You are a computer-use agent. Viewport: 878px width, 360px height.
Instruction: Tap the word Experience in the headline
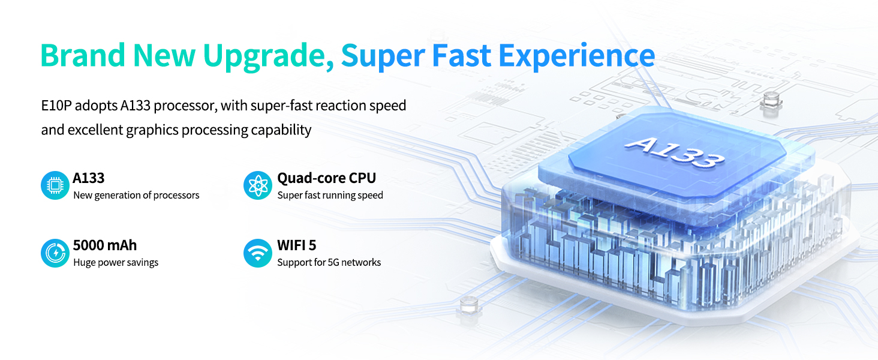click(x=576, y=56)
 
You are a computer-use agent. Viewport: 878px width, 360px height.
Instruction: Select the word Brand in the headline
click(x=83, y=55)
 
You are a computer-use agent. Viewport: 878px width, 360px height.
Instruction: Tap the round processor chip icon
click(x=55, y=185)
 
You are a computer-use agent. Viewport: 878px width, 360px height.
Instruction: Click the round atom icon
click(x=257, y=185)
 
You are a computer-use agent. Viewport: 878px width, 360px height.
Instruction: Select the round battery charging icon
click(x=55, y=253)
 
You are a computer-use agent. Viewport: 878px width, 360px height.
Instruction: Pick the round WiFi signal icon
click(x=257, y=253)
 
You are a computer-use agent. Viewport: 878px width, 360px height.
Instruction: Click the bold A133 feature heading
click(x=89, y=178)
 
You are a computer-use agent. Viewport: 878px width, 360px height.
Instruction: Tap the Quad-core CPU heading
click(x=326, y=178)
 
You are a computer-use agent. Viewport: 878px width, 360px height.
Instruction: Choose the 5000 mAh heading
click(x=105, y=245)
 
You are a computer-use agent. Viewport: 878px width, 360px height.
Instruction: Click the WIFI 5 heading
click(x=297, y=245)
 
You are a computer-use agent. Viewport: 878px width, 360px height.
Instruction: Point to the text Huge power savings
click(x=116, y=262)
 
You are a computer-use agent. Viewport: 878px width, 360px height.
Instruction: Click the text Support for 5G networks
click(x=329, y=262)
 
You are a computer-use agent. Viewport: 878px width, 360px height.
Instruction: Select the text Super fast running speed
click(x=330, y=195)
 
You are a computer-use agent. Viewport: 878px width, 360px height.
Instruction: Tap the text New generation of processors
click(x=136, y=195)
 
